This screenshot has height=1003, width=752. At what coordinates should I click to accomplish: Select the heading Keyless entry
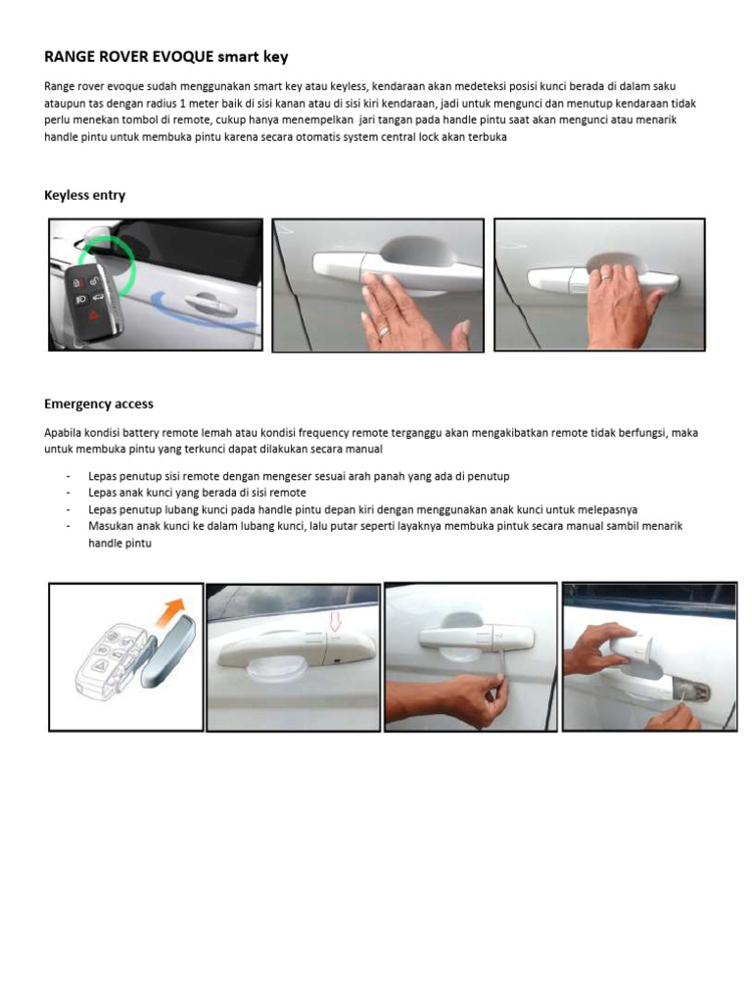coord(84,195)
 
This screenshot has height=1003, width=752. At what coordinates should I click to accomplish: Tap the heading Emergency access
coord(99,404)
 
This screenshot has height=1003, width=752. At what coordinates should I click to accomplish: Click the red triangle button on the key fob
coord(95,315)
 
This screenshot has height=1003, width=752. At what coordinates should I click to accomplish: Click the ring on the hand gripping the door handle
coord(607,278)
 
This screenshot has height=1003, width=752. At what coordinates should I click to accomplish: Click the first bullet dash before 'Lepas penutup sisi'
coord(68,476)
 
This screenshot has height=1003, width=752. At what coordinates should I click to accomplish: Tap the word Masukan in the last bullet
coord(111,526)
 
